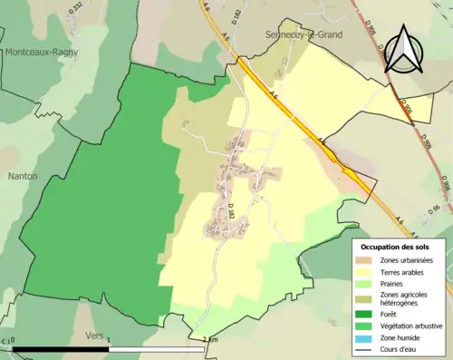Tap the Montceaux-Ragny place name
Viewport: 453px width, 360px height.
pyautogui.click(x=42, y=53)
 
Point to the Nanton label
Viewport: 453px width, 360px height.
pyautogui.click(x=22, y=176)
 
